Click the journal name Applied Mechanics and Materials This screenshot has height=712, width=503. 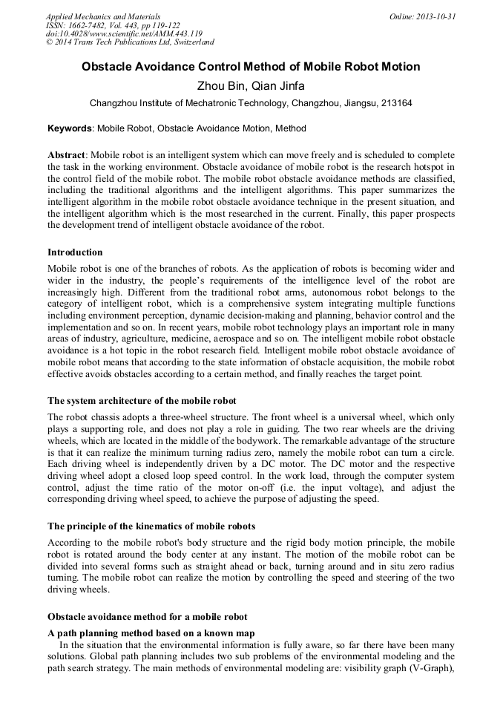pyautogui.click(x=103, y=16)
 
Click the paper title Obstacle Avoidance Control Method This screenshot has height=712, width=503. pyautogui.click(x=251, y=67)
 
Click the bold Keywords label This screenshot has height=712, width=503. pyautogui.click(x=70, y=128)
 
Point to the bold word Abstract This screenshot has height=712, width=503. pyautogui.click(x=67, y=154)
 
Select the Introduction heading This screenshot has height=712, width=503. pyautogui.click(x=75, y=252)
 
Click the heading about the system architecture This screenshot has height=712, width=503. pyautogui.click(x=142, y=400)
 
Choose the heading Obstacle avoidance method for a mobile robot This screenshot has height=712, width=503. pyautogui.click(x=147, y=617)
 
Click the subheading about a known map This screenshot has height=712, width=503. pyautogui.click(x=151, y=633)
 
